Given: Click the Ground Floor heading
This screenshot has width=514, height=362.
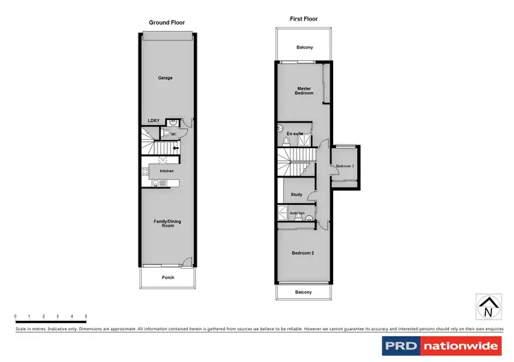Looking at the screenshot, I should click(167, 23).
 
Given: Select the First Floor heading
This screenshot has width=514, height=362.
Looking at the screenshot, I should click(304, 19).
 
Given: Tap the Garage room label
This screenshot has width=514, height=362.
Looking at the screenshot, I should click(165, 78).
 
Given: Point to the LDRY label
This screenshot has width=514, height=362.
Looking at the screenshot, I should click(154, 121).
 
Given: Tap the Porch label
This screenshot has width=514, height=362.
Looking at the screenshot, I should click(168, 278).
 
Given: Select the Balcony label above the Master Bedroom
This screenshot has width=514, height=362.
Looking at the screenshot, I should click(305, 48).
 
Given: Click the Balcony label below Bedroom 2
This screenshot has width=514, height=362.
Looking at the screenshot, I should click(304, 292).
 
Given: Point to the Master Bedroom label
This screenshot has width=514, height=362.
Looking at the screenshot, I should click(304, 90).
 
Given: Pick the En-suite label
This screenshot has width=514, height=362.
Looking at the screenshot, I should click(295, 133).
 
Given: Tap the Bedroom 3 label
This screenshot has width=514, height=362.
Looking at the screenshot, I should click(344, 167).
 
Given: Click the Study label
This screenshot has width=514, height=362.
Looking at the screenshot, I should click(296, 195).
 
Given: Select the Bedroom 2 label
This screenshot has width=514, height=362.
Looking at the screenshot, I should click(303, 254).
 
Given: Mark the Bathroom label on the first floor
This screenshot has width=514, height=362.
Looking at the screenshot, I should click(297, 213).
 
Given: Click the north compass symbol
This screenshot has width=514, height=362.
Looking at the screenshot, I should click(487, 306).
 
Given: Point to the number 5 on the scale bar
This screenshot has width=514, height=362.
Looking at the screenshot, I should click(86, 316).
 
